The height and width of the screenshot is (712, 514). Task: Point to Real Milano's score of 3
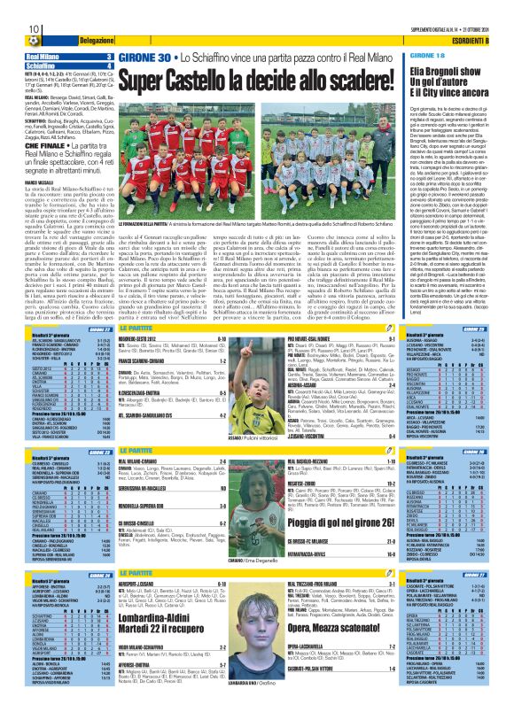109,57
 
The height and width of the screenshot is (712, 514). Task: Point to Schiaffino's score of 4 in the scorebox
109,66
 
